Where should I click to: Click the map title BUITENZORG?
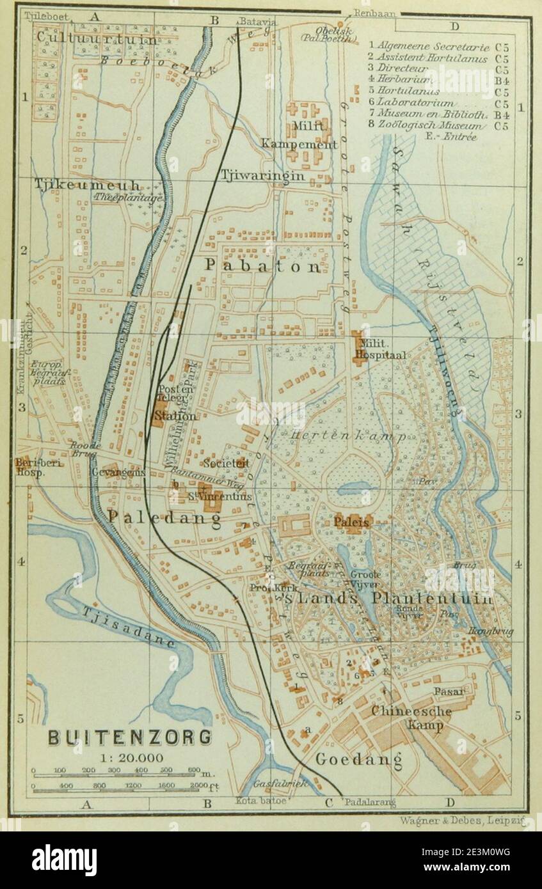[130, 737]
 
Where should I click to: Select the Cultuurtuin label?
[97, 39]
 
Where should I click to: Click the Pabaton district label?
[262, 266]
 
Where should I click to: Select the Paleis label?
[351, 522]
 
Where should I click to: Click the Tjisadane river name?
[128, 627]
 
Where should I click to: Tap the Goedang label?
[358, 760]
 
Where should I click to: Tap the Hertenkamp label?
[348, 436]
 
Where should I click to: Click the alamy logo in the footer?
[64, 860]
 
